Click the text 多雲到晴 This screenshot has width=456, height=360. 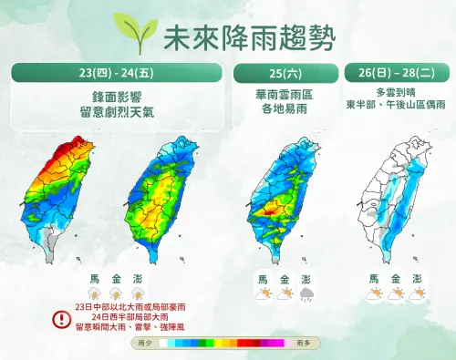[x=396, y=93]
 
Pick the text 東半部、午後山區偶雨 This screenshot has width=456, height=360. [x=396, y=106]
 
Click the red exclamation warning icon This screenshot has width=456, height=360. [x=61, y=319]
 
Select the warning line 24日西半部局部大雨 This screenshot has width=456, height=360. [x=126, y=318]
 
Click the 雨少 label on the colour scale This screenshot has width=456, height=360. [x=143, y=343]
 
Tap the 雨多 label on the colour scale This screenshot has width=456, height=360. [x=304, y=343]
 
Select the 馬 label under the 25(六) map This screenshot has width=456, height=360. [x=263, y=279]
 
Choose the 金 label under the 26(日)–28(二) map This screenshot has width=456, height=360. [x=396, y=279]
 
